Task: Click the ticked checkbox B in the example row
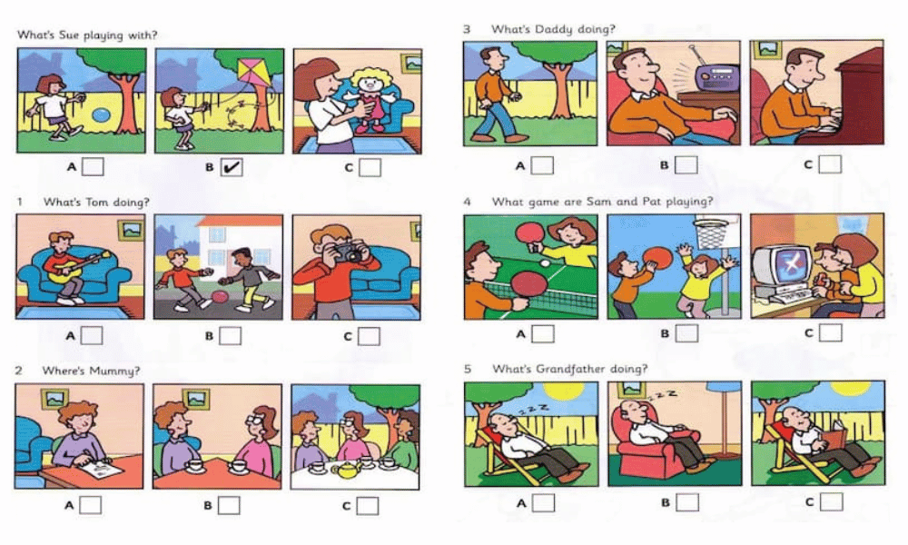click(x=232, y=167)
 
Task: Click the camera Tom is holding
click(x=346, y=253)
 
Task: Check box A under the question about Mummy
click(x=90, y=505)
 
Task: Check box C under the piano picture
click(x=830, y=164)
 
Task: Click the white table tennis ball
click(x=544, y=263)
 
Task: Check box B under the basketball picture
click(x=686, y=333)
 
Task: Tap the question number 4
click(x=467, y=202)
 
